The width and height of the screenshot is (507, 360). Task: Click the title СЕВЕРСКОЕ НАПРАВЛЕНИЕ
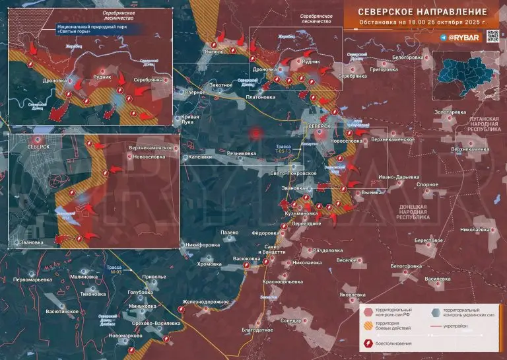tap(422, 12)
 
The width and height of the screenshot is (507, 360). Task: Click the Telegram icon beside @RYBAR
tap(442, 38)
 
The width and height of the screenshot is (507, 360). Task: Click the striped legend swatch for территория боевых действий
tap(367, 326)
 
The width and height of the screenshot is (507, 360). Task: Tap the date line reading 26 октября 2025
tap(422, 23)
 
